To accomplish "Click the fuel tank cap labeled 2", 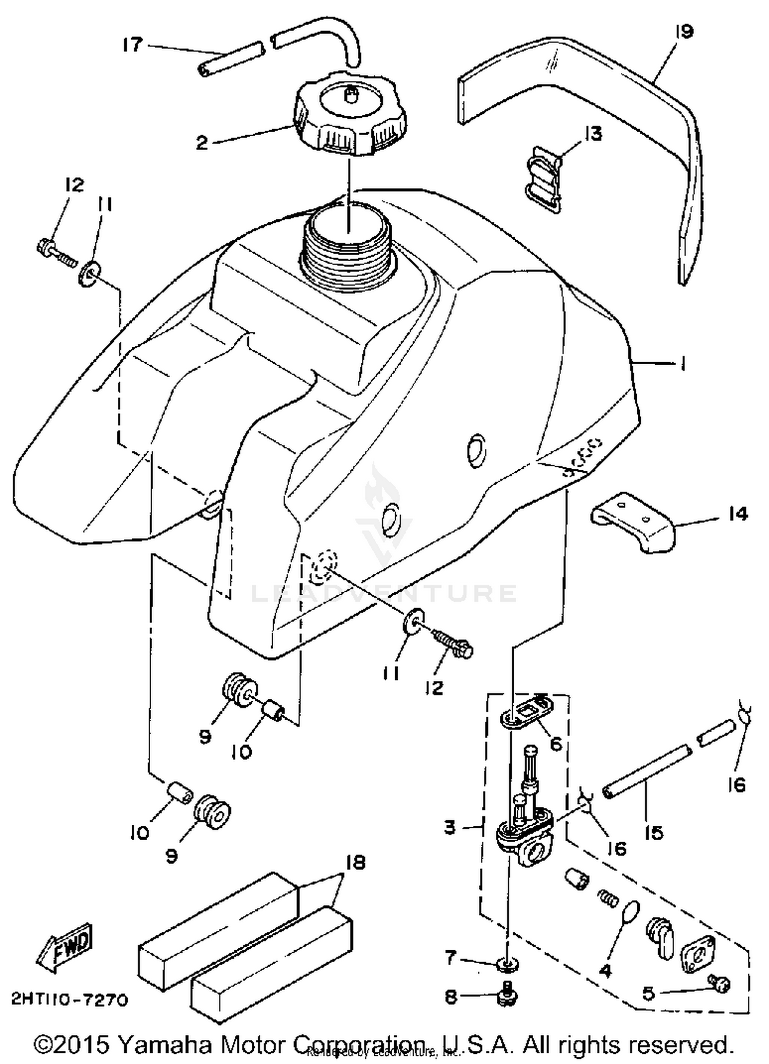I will coord(350,116).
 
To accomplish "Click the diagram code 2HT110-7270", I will coord(69,999).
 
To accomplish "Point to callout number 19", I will coord(684,32).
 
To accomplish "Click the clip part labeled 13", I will coord(544,178).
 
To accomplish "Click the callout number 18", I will coord(355,863).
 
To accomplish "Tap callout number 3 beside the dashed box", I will coord(450,827).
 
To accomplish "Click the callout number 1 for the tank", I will coord(682,364).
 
